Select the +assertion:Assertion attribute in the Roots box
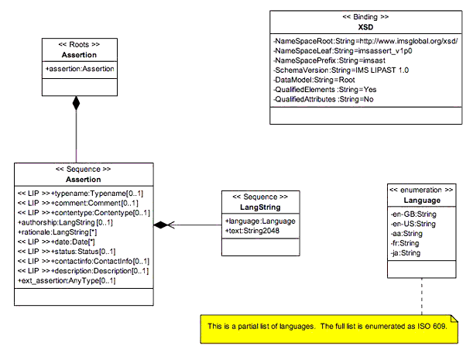click(79, 69)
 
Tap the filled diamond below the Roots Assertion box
click(76, 104)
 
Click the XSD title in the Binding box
click(366, 27)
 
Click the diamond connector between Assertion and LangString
click(160, 225)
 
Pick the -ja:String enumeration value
click(405, 252)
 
